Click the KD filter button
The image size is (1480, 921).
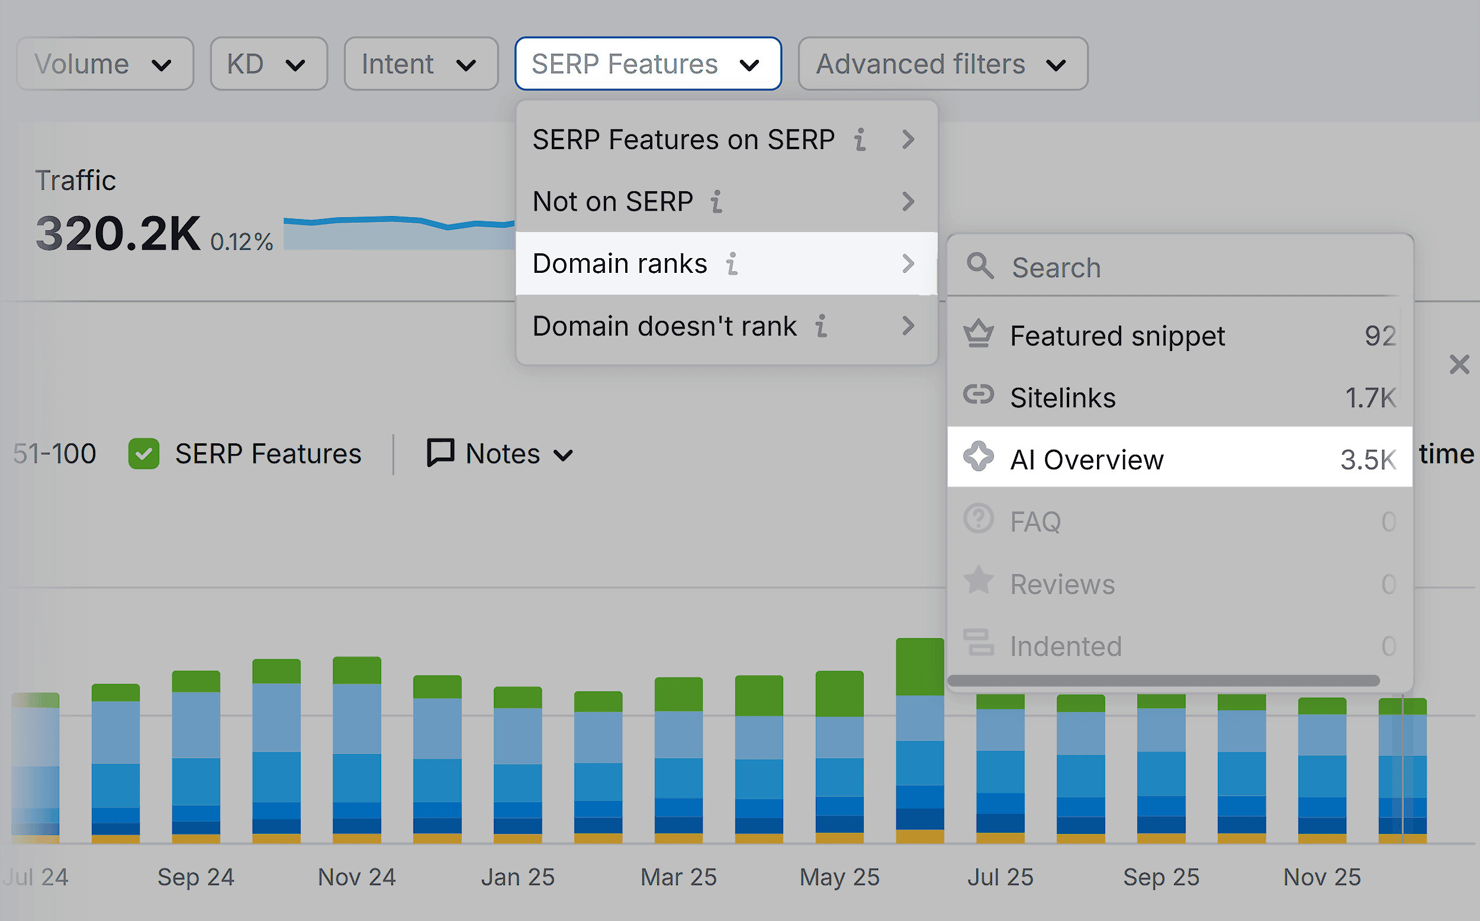click(x=269, y=64)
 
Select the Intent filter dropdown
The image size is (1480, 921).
click(x=421, y=64)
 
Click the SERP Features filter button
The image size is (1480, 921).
click(x=648, y=64)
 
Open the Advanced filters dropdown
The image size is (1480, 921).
click(x=942, y=64)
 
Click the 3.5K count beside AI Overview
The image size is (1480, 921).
click(x=1368, y=460)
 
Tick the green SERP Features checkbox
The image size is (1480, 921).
click(x=144, y=455)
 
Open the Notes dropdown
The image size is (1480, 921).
click(x=500, y=454)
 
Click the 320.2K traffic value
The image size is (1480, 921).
click(x=118, y=233)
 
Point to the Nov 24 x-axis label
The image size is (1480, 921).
click(x=357, y=877)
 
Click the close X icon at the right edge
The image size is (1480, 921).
click(x=1459, y=365)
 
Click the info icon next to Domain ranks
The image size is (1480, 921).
click(x=732, y=265)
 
